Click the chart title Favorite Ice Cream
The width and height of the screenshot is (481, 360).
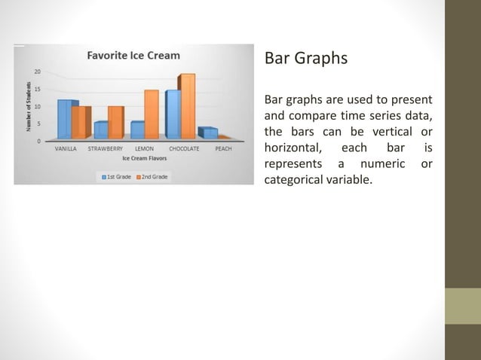(133, 55)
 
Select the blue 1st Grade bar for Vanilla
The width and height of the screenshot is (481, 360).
(65, 119)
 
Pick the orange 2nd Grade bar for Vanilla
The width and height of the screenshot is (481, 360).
(79, 123)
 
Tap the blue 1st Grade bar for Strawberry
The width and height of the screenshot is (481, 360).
(100, 130)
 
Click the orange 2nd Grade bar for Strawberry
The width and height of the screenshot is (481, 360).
(115, 123)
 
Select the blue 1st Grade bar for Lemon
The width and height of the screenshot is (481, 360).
(136, 130)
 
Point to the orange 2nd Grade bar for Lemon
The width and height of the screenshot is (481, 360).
(151, 114)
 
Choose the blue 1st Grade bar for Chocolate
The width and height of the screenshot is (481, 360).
(173, 114)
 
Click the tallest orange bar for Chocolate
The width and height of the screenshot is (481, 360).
(187, 107)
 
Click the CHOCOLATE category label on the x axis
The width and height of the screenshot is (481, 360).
(184, 149)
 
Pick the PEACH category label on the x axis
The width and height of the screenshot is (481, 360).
(223, 149)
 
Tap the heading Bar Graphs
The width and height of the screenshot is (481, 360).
(305, 58)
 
